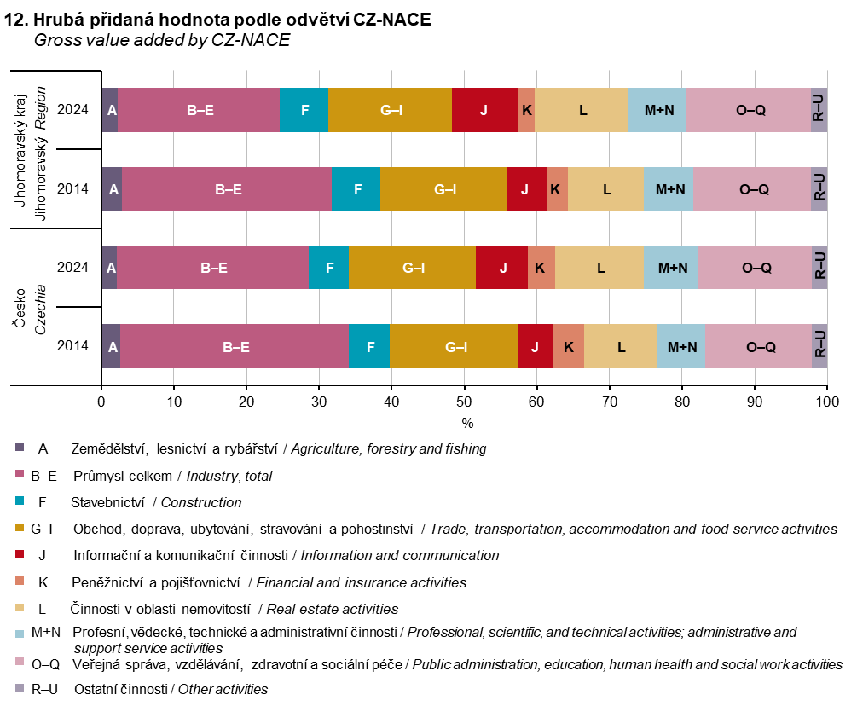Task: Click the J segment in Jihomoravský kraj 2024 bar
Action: click(x=484, y=110)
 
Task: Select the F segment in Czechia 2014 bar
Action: click(x=369, y=347)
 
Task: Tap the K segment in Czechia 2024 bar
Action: click(x=541, y=268)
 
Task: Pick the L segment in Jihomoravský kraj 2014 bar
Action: click(x=605, y=189)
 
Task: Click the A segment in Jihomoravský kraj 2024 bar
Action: click(x=109, y=110)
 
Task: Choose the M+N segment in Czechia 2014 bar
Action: click(x=680, y=347)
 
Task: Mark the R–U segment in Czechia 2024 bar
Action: click(x=819, y=268)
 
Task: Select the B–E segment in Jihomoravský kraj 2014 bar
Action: click(x=227, y=189)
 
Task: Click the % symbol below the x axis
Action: click(x=466, y=423)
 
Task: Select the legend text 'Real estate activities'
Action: click(x=333, y=609)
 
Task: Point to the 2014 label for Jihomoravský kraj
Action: click(x=72, y=189)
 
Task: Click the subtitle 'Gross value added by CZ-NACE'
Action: click(x=162, y=40)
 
